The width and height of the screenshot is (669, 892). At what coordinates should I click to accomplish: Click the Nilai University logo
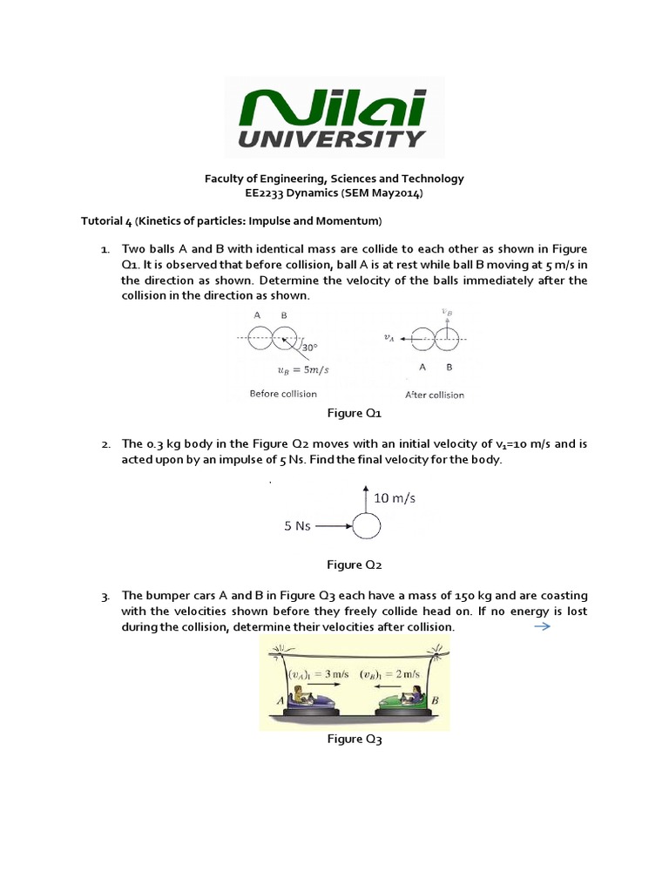click(x=334, y=118)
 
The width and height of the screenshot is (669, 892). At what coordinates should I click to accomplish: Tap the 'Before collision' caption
click(x=283, y=394)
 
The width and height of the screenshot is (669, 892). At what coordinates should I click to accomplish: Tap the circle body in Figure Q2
click(x=367, y=526)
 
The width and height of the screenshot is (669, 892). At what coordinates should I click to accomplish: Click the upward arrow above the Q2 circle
click(x=367, y=500)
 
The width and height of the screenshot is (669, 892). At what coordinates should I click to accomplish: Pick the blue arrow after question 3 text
click(x=542, y=626)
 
